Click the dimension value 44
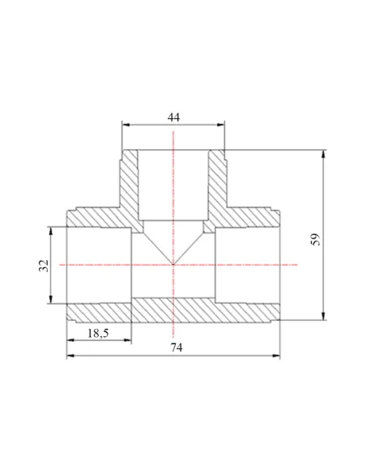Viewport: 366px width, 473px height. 173,117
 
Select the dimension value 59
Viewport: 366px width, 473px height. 315,239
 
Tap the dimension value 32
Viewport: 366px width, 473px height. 44,266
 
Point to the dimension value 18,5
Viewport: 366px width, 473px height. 98,334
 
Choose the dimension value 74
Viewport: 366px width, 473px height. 177,347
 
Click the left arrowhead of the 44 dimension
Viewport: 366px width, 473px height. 126,125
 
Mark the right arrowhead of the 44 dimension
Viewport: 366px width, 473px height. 221,125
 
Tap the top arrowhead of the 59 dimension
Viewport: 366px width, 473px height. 324,154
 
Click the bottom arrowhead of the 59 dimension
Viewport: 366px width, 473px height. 324,316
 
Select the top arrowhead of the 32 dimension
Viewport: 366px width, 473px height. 51,231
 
